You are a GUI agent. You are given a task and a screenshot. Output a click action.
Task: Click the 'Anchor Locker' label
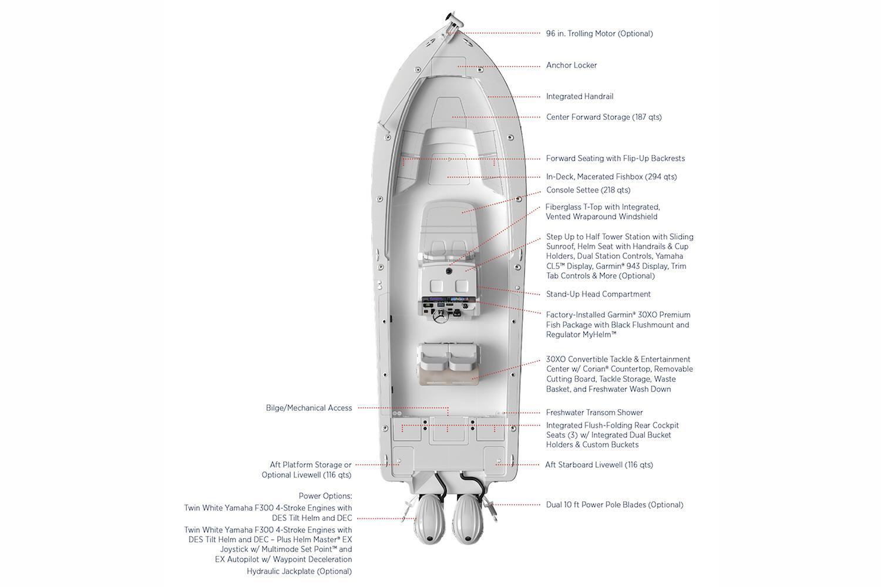pos(571,65)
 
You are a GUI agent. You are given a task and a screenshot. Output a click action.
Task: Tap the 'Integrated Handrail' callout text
pos(579,96)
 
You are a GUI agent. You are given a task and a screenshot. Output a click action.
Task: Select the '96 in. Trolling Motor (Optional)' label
pos(600,34)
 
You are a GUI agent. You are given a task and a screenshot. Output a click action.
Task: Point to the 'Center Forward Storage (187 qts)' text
pos(604,117)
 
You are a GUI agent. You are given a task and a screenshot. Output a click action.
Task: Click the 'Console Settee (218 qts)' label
pos(588,190)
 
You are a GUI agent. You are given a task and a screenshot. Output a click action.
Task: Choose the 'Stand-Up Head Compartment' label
pos(598,294)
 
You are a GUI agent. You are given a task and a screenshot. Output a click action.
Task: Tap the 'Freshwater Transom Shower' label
pos(594,413)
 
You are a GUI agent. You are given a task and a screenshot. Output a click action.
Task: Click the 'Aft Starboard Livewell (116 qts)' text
pos(599,465)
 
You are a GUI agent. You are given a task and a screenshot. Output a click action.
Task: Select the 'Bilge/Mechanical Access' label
pos(309,408)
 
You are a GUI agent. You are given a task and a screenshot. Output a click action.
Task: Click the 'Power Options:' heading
pos(325,496)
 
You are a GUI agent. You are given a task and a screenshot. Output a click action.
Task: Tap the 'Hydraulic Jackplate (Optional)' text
pos(300,571)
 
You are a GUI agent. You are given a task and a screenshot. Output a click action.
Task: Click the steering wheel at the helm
pos(441,316)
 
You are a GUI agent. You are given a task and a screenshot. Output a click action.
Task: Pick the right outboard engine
pos(468,519)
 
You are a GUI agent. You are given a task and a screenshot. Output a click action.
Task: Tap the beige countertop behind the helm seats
pos(449,377)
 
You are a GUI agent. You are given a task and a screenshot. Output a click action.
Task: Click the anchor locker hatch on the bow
pos(449,65)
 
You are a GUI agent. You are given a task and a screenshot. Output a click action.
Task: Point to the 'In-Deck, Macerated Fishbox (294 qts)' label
pos(611,177)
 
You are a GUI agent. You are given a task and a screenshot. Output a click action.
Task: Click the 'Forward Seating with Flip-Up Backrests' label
pos(615,158)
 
